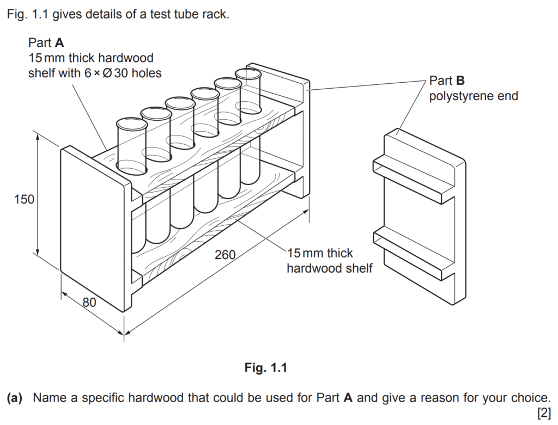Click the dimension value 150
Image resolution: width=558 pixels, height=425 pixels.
(24, 200)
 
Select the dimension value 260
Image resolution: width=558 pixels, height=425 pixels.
(225, 254)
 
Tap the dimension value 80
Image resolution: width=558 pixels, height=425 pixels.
(89, 302)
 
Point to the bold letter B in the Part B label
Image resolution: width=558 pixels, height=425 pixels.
(460, 81)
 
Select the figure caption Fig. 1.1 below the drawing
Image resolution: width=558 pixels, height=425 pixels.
(265, 368)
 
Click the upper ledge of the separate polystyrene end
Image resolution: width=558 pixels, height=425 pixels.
(414, 174)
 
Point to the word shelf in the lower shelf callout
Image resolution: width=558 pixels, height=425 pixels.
(357, 268)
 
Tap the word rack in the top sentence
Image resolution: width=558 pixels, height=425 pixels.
(216, 14)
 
